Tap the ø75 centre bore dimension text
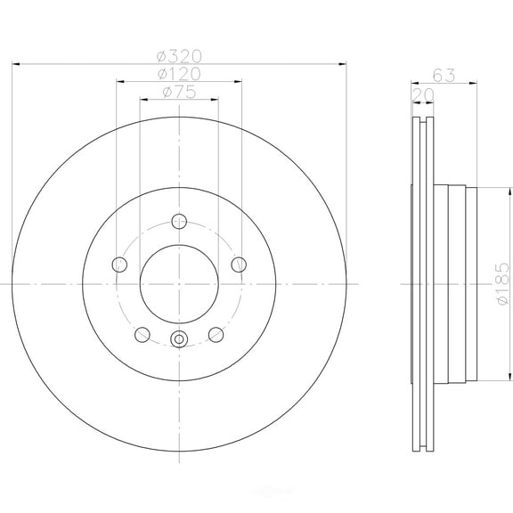(179, 92)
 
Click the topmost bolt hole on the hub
(179, 222)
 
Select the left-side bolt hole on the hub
(118, 264)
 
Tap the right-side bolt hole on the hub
(239, 264)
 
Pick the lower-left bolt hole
(142, 334)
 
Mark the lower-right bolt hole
(216, 334)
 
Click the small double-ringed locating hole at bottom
(178, 338)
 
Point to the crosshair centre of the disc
(178, 284)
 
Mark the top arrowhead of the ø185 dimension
(493, 189)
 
